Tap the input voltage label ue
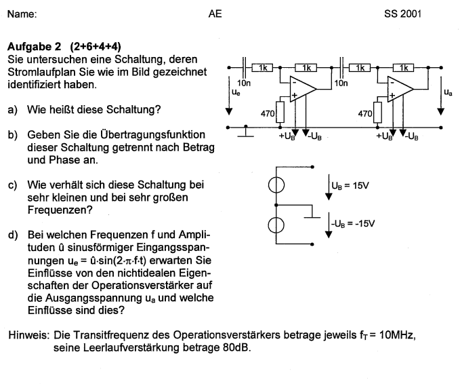click(x=235, y=91)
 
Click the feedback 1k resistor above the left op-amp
click(x=306, y=68)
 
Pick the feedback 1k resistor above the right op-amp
click(x=404, y=68)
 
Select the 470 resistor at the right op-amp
click(x=379, y=113)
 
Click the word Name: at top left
click(x=22, y=13)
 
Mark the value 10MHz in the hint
click(x=400, y=334)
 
